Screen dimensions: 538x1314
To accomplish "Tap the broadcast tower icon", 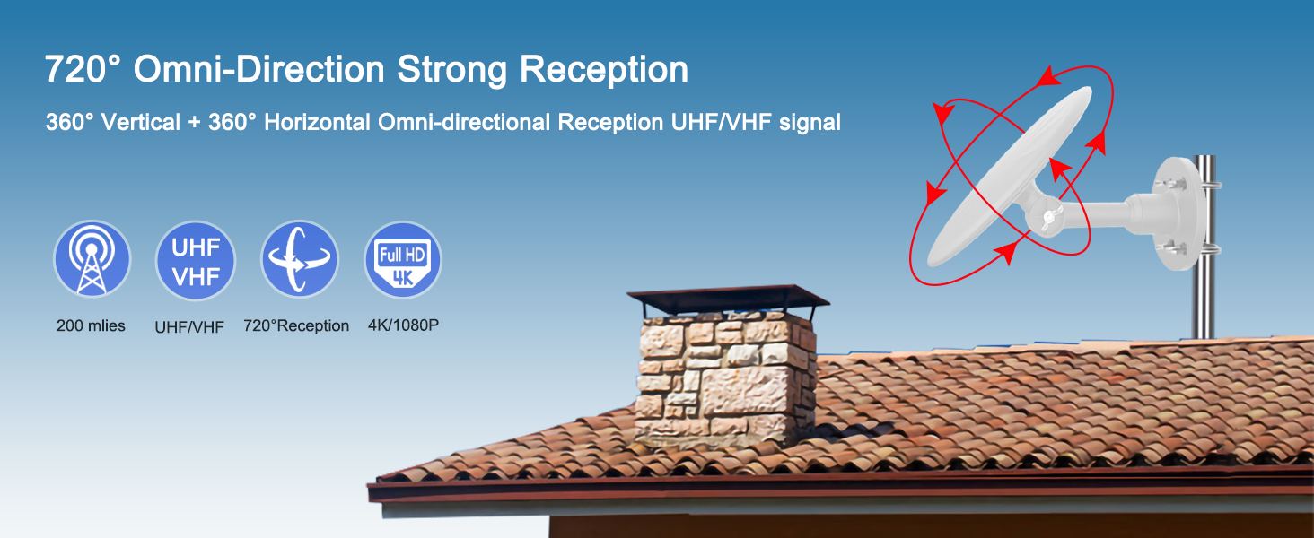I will (92, 260).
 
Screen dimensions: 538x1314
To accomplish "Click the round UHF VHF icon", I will (196, 260).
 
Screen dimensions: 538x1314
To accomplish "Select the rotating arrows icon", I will (300, 260).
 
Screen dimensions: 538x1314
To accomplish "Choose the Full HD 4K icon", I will (403, 260).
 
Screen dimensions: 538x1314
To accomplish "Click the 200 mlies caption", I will (91, 326).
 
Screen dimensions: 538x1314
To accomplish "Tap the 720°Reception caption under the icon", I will (296, 326).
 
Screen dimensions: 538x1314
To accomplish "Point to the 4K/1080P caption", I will (403, 326).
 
